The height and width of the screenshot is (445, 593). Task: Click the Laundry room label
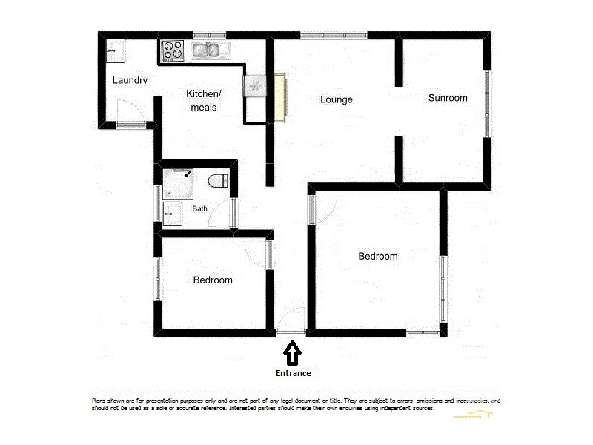(130, 80)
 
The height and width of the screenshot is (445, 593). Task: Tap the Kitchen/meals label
(202, 101)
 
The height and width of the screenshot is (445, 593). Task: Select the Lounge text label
(336, 99)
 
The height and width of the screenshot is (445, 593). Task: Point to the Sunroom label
(448, 98)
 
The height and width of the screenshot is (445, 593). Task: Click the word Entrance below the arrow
(292, 373)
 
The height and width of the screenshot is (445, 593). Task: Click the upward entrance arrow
(292, 352)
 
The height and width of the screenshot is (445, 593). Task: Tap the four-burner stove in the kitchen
(173, 50)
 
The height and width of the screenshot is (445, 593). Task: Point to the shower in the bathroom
(177, 182)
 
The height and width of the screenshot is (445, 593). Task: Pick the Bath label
(199, 208)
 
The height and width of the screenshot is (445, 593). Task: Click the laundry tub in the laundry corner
(116, 50)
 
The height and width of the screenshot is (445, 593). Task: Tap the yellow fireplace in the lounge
(280, 97)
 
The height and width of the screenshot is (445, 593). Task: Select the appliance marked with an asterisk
(255, 87)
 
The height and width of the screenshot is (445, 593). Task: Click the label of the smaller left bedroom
(213, 280)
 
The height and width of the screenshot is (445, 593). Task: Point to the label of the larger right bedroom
(378, 256)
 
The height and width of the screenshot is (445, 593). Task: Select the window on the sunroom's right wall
(487, 103)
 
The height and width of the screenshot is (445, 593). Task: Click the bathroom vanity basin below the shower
(172, 214)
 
